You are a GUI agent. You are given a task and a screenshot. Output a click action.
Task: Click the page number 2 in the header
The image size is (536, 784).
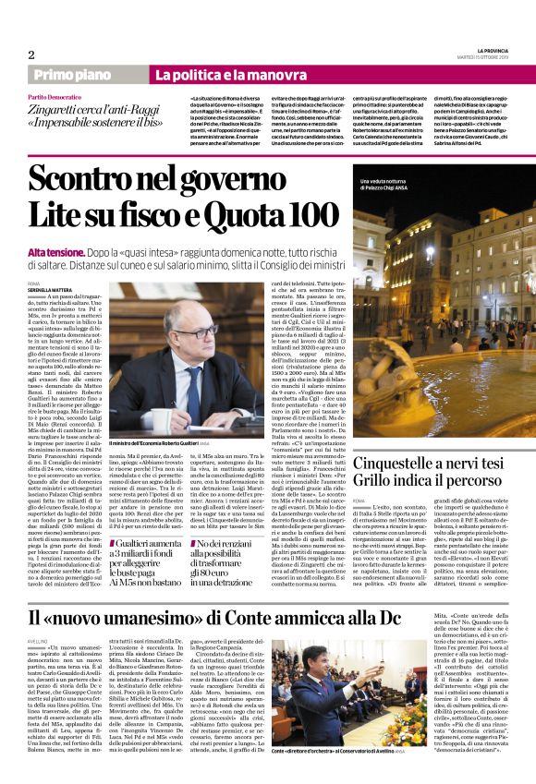point(30,54)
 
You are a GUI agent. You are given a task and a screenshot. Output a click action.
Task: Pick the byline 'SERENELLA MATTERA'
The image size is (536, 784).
point(51,291)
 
